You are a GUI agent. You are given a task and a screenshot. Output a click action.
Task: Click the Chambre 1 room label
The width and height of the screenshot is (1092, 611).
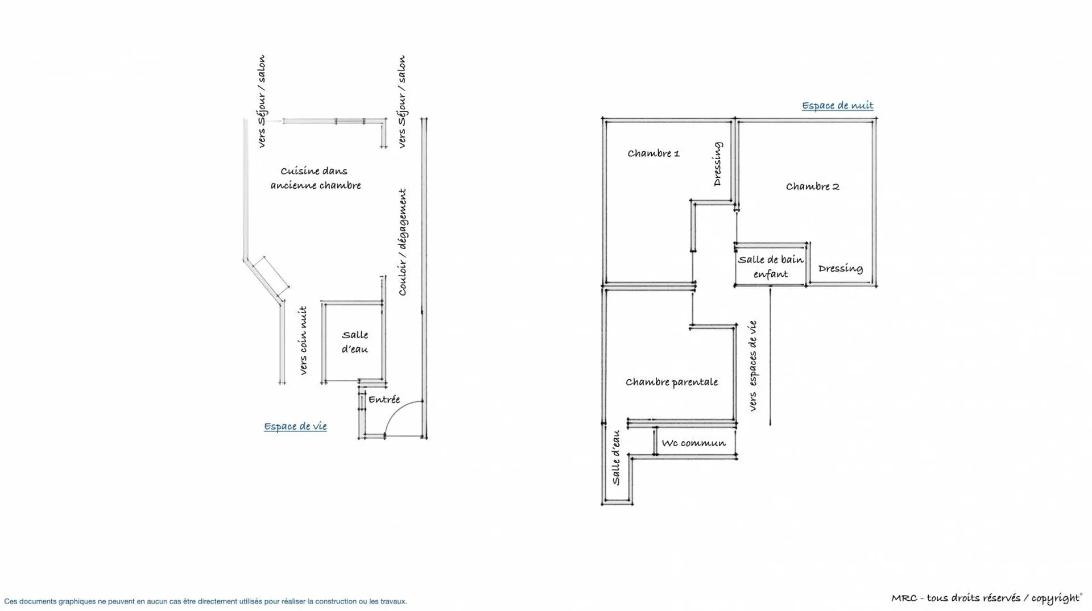coord(653,153)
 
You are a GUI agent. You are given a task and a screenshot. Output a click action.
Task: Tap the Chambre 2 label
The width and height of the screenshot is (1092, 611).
coord(812,186)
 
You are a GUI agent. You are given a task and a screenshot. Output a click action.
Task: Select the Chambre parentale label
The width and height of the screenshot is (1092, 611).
coord(671,382)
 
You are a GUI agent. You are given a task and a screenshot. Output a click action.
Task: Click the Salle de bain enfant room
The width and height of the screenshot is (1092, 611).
coord(770,267)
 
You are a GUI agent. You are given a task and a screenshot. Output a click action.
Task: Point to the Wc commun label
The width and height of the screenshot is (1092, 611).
coord(693,443)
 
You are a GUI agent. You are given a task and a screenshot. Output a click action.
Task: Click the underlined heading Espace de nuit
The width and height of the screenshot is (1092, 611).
coord(837,106)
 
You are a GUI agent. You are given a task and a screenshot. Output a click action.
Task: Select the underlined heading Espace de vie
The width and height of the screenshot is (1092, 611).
coord(295,426)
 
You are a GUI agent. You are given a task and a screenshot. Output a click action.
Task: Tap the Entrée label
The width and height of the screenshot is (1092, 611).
coord(384,400)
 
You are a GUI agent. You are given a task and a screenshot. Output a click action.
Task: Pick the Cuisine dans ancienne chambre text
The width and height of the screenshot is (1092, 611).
coord(315,178)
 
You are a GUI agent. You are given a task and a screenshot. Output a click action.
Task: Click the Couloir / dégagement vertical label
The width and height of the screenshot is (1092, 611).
coord(403,242)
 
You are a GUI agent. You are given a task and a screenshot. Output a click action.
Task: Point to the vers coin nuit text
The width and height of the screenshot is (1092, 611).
coord(303,340)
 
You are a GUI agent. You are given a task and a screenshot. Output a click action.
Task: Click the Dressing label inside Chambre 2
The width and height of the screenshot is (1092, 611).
coord(840,268)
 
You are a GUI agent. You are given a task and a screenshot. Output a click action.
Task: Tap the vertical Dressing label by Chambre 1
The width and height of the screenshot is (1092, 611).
coord(718,164)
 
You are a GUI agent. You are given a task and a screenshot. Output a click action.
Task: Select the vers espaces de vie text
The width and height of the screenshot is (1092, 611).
coord(752,366)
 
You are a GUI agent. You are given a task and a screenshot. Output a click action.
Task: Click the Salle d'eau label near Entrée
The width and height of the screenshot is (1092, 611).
coord(354,342)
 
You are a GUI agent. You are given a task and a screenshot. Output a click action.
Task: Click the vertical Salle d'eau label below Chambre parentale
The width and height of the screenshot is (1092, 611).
coord(616,458)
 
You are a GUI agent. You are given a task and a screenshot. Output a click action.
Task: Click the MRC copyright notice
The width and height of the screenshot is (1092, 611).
coord(986,598)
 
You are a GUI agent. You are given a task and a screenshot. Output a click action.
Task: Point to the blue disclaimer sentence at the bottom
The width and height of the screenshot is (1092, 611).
coord(205,601)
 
